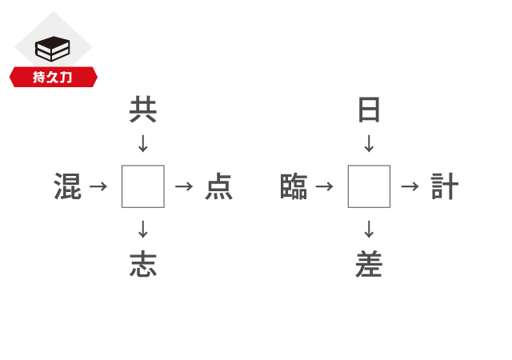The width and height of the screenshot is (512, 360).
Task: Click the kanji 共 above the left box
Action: tap(143, 110)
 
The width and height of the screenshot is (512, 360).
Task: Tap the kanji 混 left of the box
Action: tap(68, 186)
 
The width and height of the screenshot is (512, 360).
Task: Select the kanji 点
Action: tap(218, 186)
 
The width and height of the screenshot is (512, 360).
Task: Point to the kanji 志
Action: tap(143, 264)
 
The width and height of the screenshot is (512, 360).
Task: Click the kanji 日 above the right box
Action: tap(369, 110)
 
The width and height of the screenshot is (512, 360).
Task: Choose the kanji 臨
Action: tap(294, 186)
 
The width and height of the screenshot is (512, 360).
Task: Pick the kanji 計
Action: tap(445, 186)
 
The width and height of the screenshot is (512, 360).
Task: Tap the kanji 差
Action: tap(369, 264)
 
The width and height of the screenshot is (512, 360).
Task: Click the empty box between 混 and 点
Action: tap(143, 186)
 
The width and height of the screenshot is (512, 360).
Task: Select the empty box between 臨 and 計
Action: tap(369, 186)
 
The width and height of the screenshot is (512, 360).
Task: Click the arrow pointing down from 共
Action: tap(143, 144)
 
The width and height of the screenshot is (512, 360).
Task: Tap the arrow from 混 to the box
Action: tap(98, 186)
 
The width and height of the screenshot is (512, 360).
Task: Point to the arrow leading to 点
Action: tap(184, 186)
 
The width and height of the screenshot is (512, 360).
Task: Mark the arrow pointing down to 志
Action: tap(143, 230)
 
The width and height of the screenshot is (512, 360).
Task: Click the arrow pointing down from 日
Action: tap(369, 144)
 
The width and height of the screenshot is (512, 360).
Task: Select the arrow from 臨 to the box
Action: tap(324, 186)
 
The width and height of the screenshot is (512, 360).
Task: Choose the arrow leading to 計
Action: tap(410, 186)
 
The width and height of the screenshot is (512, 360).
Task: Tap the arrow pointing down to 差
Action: tap(369, 230)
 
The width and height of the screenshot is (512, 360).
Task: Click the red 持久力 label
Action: tap(53, 78)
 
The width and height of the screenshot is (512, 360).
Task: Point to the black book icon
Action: tap(53, 50)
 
